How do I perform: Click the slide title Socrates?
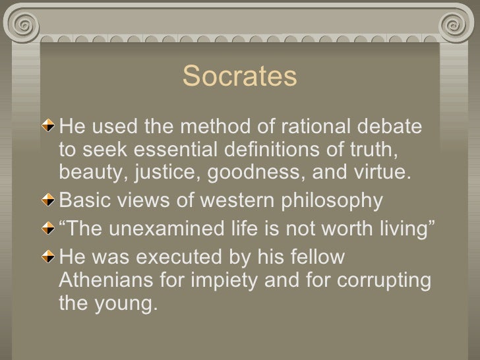240,77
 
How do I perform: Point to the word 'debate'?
400,125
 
